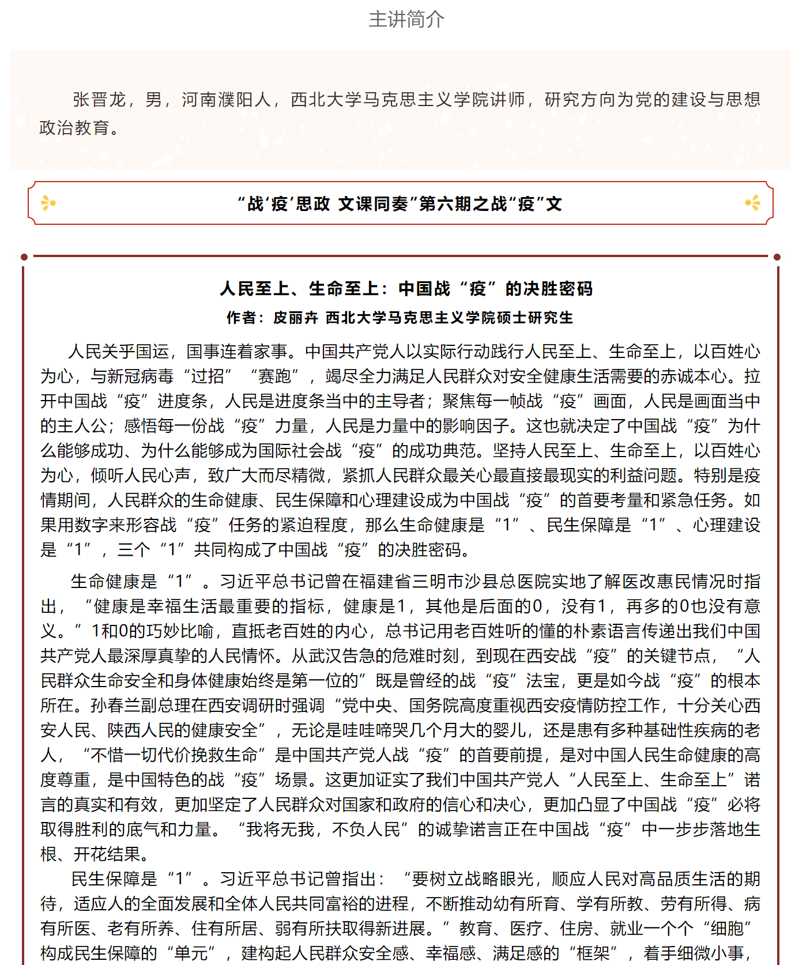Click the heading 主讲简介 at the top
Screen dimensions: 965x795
pos(406,20)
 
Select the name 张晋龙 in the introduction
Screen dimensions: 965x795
pos(99,100)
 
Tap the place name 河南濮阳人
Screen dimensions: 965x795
pos(227,100)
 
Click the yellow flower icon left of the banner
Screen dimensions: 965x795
pos(48,203)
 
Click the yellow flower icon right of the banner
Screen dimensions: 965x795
pos(752,203)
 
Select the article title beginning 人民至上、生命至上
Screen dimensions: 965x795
pos(406,289)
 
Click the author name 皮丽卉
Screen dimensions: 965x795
pos(295,318)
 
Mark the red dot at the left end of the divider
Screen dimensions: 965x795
pos(24,257)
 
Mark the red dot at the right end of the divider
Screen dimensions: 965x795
pos(777,257)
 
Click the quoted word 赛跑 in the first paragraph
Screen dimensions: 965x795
pos(274,376)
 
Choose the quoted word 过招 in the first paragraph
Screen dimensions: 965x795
pos(208,376)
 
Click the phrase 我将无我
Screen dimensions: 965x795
pos(280,830)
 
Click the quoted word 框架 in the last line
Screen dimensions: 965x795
pos(593,953)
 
